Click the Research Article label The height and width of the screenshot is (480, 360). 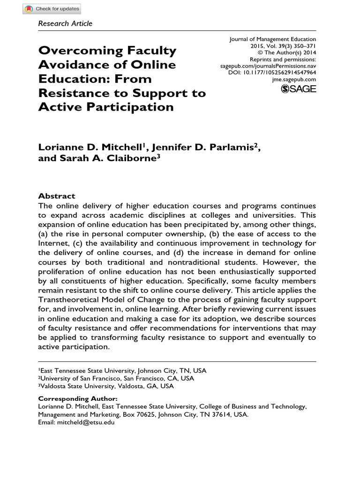(x=65, y=23)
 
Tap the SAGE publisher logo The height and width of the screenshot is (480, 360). (x=298, y=89)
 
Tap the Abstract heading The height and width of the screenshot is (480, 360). (x=56, y=196)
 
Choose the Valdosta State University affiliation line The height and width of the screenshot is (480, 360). (x=105, y=386)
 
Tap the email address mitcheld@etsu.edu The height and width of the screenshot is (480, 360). (x=85, y=422)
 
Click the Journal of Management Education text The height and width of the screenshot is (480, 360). (x=272, y=39)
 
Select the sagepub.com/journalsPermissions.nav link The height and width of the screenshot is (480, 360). (x=268, y=67)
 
